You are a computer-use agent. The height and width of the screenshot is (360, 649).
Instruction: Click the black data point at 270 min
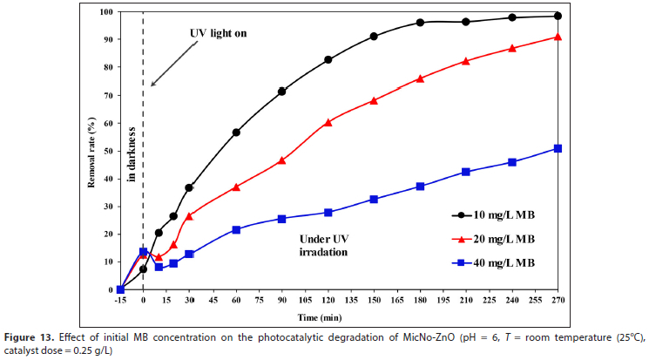click(558, 16)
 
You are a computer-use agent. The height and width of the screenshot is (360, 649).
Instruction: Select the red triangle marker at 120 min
click(328, 122)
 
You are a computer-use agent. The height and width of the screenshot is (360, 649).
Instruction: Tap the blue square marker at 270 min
click(558, 148)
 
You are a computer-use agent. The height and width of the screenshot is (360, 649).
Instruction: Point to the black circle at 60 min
click(236, 132)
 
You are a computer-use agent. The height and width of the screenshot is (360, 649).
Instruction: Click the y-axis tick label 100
click(106, 12)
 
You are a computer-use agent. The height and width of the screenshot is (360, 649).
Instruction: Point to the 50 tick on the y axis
click(109, 151)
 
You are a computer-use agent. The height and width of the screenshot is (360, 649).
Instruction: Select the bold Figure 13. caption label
click(34, 337)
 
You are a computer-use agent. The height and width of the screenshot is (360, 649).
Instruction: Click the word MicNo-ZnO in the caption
click(377, 337)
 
